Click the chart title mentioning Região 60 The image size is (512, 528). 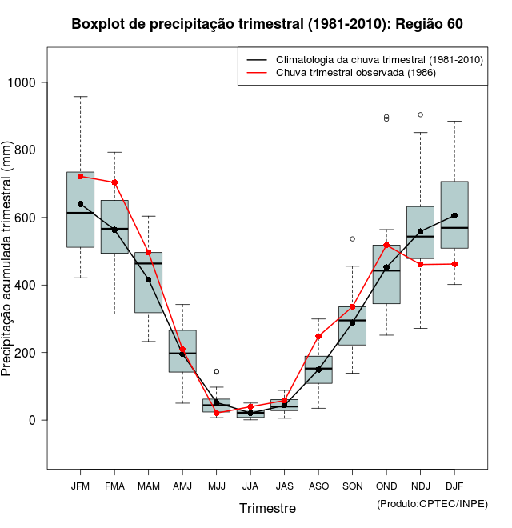(x=267, y=25)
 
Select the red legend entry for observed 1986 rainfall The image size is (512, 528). (x=355, y=73)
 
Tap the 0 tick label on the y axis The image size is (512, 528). (x=32, y=420)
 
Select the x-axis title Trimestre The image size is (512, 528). (x=267, y=508)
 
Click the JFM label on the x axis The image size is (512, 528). (x=80, y=486)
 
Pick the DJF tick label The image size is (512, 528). (x=454, y=486)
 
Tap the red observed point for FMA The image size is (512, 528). (x=114, y=182)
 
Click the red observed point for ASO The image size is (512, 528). (x=318, y=337)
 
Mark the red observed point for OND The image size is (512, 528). (x=386, y=245)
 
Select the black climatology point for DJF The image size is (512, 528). (x=454, y=215)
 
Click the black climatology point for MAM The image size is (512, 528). (x=148, y=279)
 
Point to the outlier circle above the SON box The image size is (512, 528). (x=352, y=238)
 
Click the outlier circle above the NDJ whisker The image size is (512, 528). (x=420, y=114)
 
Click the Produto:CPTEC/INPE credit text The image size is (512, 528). (x=431, y=503)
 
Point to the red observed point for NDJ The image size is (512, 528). (x=420, y=264)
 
